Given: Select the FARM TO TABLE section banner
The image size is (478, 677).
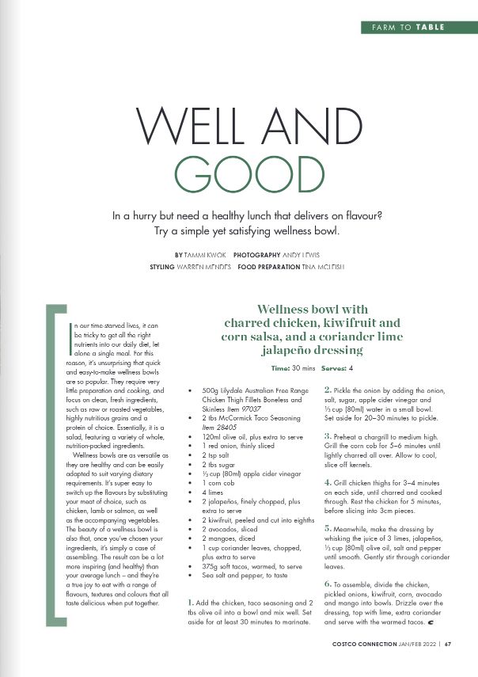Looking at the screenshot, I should (x=408, y=27).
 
